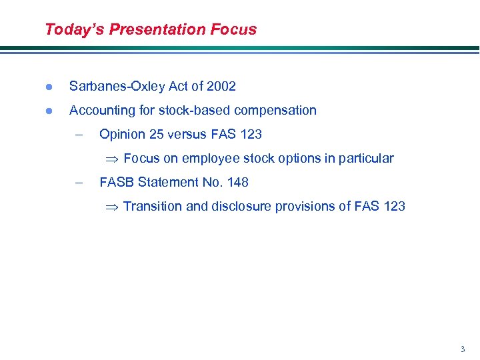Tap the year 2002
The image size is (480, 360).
tap(221, 87)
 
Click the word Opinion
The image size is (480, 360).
tap(122, 135)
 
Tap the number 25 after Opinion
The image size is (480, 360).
tap(157, 135)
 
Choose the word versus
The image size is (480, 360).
tap(187, 135)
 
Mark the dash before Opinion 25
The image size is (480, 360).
tap(79, 134)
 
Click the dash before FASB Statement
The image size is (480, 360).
tap(79, 182)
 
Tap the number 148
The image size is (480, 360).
tap(237, 182)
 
